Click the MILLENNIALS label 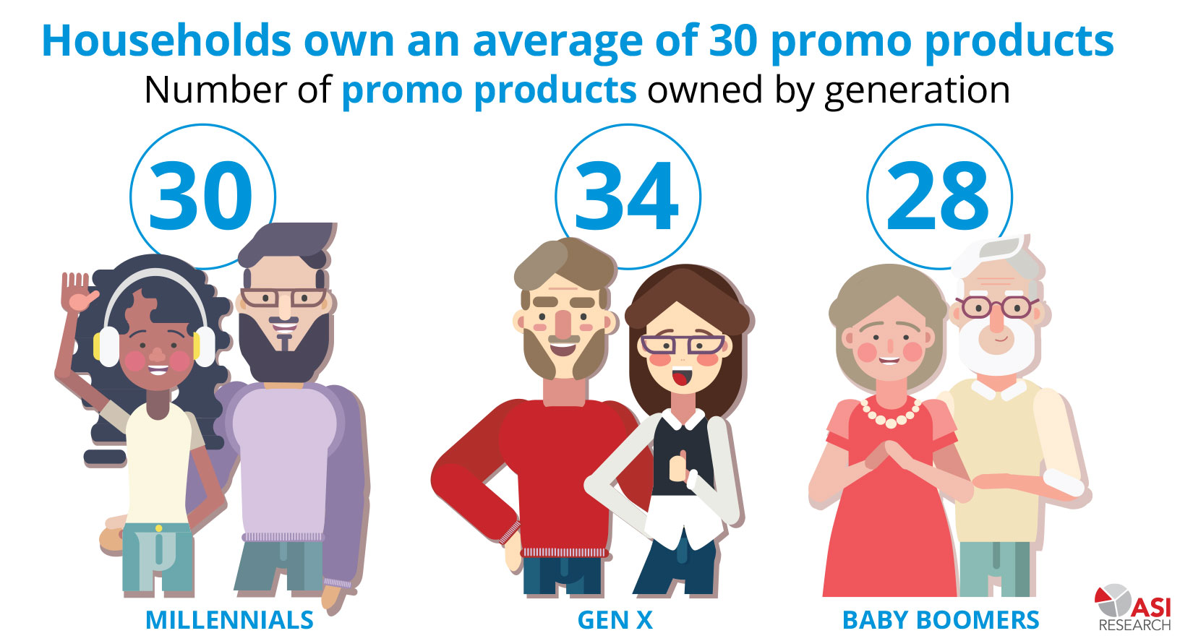[229, 620]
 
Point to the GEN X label [615, 620]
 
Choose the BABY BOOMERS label [941, 620]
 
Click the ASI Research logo [1134, 608]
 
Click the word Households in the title [167, 40]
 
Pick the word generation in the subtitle [917, 90]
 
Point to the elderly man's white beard [997, 347]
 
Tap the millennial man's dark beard [284, 346]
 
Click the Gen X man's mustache [563, 339]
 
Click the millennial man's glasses [284, 298]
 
